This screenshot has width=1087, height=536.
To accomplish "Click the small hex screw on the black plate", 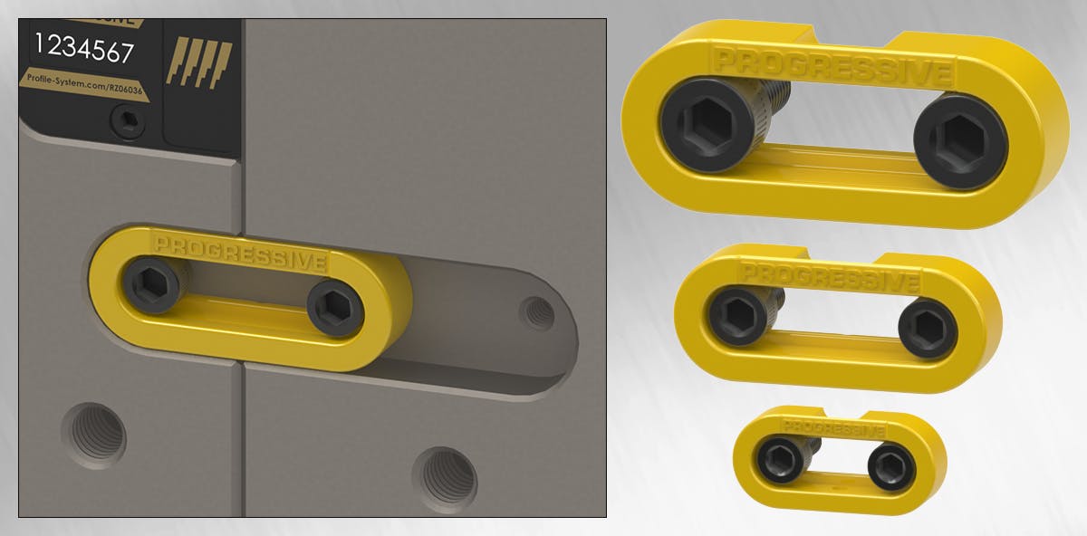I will (126, 120).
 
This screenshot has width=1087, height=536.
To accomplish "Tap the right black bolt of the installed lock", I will (334, 308).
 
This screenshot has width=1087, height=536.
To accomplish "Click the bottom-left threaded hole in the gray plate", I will (94, 435).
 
